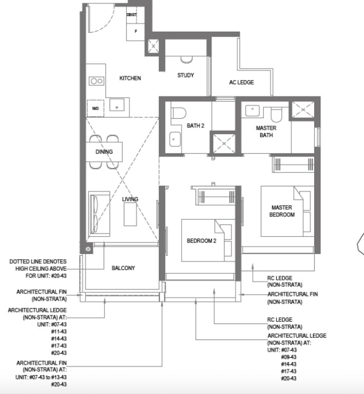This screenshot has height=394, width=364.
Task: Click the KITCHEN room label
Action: (x=130, y=79)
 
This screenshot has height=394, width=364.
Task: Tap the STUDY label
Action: (x=186, y=75)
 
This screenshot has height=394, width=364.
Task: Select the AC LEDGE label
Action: (x=241, y=83)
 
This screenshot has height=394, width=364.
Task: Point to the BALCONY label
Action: (x=123, y=268)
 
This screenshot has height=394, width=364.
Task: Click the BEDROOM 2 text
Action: (x=201, y=241)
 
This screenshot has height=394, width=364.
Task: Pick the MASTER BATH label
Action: (x=266, y=131)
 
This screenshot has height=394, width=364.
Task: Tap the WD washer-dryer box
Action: (x=96, y=108)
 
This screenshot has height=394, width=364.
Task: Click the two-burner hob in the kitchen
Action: (x=97, y=81)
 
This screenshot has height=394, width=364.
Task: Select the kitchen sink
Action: (x=117, y=105)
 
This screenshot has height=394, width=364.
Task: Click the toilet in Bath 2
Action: (x=179, y=113)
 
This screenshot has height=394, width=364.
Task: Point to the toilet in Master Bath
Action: (x=276, y=114)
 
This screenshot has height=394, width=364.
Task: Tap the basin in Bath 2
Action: (x=175, y=139)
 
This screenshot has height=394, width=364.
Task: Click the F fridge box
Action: (x=135, y=32)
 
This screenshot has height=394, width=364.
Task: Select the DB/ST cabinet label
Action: (x=132, y=15)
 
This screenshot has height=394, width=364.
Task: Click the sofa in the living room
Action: (x=99, y=214)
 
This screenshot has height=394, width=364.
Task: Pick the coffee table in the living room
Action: (x=130, y=214)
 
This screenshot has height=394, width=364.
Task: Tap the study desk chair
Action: (x=186, y=60)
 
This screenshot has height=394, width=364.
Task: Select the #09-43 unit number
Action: (x=289, y=357)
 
